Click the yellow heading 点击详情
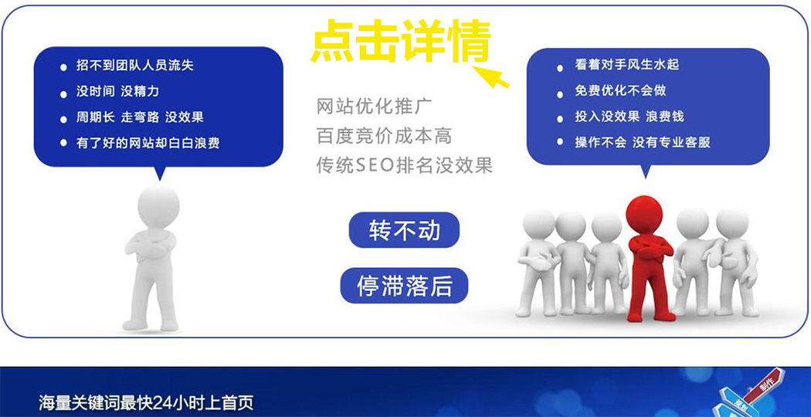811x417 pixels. (x=400, y=41)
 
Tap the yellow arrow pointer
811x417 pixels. (x=491, y=76)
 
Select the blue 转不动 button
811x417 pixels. (x=404, y=229)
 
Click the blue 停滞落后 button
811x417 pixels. (x=404, y=286)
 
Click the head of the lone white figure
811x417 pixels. (x=158, y=206)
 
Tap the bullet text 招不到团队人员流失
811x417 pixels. (x=134, y=66)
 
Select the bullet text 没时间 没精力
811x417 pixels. (x=117, y=92)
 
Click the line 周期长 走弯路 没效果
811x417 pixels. (x=140, y=117)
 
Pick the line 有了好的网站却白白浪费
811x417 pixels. (x=148, y=142)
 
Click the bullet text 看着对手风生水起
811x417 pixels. (x=627, y=65)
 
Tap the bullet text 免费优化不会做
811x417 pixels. (x=620, y=90)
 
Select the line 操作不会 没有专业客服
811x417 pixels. (x=643, y=142)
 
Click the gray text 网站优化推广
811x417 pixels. (x=375, y=107)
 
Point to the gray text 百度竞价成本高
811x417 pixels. (x=385, y=136)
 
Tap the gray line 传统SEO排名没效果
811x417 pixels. (x=405, y=165)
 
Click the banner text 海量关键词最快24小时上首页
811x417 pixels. (x=146, y=402)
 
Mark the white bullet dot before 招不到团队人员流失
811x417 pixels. (x=63, y=66)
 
